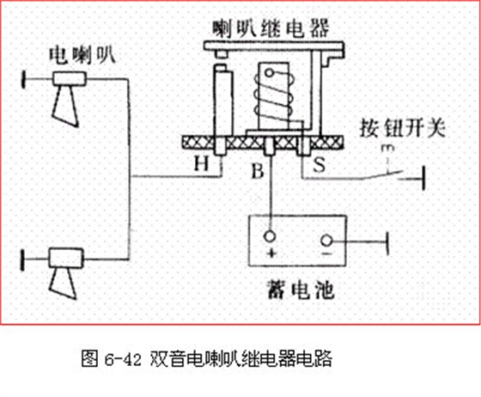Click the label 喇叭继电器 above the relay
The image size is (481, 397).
pos(271,29)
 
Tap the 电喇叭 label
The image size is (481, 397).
pos(82,56)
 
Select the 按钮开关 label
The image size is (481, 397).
pos(402,128)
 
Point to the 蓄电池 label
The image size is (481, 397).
pos(301,290)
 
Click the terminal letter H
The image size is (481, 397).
pos(202,163)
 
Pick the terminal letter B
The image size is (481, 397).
pos(258,171)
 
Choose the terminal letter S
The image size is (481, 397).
pos(319,164)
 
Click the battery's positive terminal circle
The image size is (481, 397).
pos(270,237)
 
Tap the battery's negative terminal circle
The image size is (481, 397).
pos(326,241)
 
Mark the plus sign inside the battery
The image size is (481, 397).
pos(271,253)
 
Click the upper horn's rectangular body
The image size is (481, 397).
pos(70,78)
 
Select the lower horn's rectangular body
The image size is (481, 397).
pos(66,259)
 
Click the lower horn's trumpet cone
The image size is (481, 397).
pos(64,283)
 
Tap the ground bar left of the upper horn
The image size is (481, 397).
pos(23,79)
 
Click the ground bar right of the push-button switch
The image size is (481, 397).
pos(424,178)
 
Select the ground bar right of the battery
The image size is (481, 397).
pos(387,243)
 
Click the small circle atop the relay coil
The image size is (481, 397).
pos(269,73)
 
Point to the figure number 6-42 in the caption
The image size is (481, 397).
pos(122,359)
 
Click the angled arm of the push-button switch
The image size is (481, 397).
pos(381,175)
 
